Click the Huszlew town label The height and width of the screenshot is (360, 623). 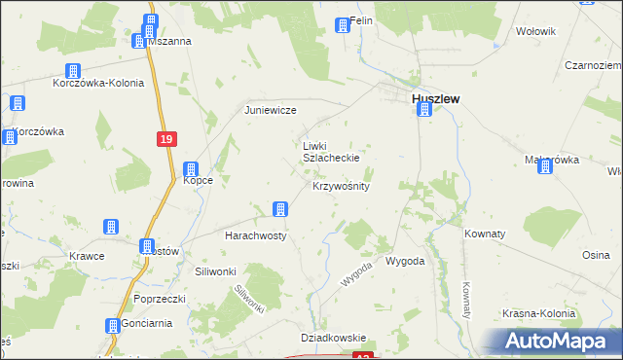[435, 98]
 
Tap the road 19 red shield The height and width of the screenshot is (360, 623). [165, 140]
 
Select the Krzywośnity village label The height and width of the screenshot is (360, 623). [341, 185]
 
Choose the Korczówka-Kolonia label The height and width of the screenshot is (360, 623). [98, 83]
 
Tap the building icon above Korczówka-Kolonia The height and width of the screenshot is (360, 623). [72, 70]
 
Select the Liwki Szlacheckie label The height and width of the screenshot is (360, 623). [332, 151]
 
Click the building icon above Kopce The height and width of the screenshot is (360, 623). [192, 169]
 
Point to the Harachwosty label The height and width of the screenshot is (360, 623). [256, 236]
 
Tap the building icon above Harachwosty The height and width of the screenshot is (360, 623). [280, 209]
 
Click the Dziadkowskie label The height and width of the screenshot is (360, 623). [333, 337]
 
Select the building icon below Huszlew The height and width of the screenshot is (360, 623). [423, 110]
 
